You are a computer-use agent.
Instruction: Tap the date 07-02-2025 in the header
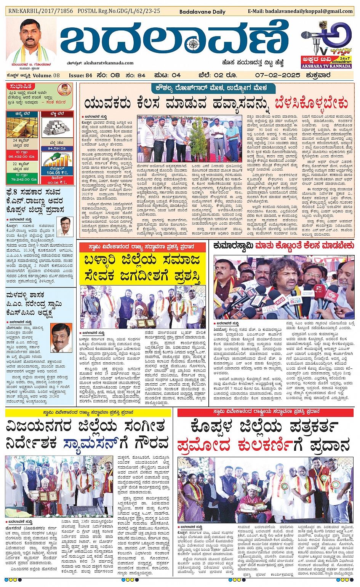click(x=277, y=75)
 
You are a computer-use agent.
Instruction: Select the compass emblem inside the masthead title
click(x=193, y=44)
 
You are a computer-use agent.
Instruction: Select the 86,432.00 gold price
click(x=22, y=156)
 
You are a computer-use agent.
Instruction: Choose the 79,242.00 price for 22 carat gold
click(x=22, y=179)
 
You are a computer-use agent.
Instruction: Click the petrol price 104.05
click(x=53, y=172)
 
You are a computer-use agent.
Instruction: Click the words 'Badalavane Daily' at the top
click(x=202, y=12)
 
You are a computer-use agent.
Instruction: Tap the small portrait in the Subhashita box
click(x=64, y=90)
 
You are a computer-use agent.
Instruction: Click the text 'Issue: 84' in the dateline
click(x=80, y=75)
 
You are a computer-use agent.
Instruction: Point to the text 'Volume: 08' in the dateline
click(x=46, y=75)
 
